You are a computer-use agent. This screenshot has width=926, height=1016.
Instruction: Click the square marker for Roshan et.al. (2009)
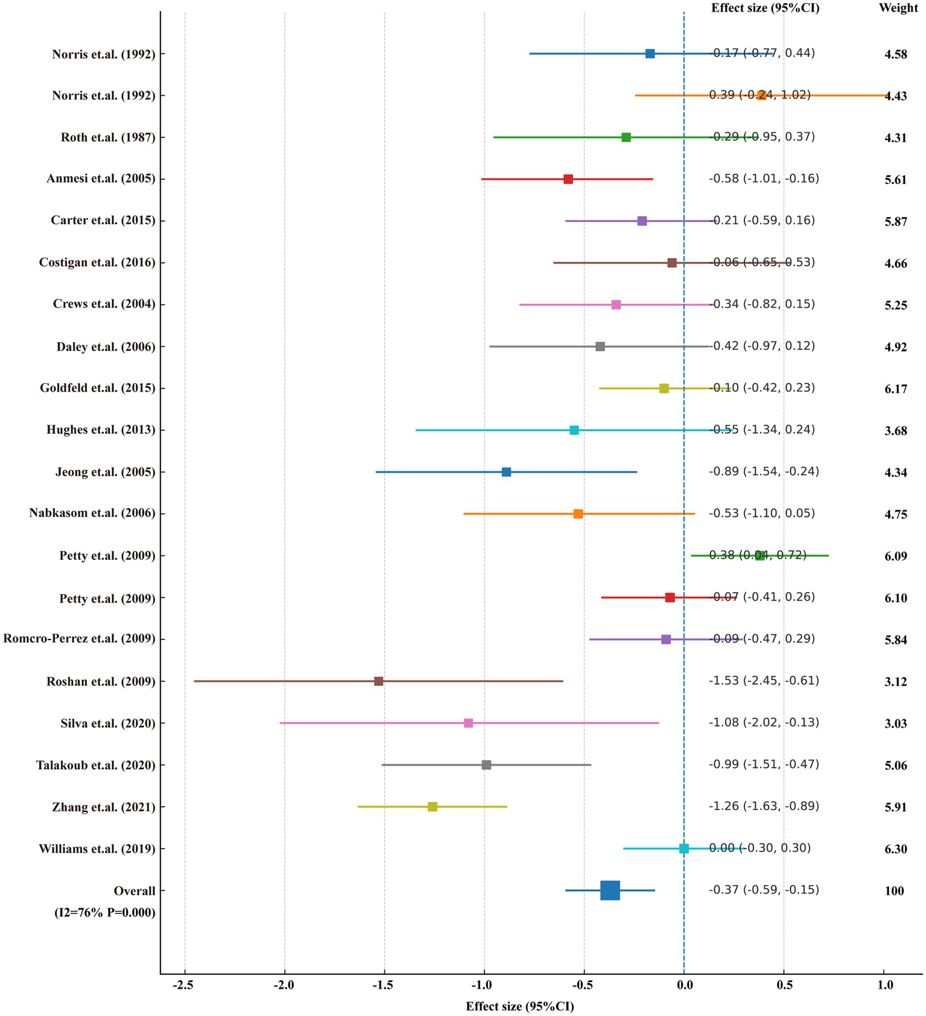pyautogui.click(x=378, y=681)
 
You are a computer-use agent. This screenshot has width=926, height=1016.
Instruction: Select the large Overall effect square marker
pyautogui.click(x=610, y=891)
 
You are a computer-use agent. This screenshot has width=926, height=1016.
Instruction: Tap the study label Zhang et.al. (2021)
pyautogui.click(x=103, y=807)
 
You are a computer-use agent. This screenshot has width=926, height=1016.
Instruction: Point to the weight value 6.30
pyautogui.click(x=895, y=849)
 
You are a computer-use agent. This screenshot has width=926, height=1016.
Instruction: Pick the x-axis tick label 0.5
pyautogui.click(x=784, y=985)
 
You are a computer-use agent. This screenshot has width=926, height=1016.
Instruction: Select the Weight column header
pyautogui.click(x=898, y=8)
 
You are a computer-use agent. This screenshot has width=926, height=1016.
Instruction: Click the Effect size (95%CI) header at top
pyautogui.click(x=765, y=8)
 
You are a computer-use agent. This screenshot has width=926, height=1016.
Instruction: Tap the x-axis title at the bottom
pyautogui.click(x=519, y=1006)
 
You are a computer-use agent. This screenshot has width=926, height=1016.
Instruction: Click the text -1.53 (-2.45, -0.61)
pyautogui.click(x=764, y=681)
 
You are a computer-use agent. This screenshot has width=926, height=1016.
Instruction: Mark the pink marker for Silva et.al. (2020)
pyautogui.click(x=468, y=723)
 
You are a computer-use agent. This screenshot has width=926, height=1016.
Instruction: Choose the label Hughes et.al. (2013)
pyautogui.click(x=101, y=430)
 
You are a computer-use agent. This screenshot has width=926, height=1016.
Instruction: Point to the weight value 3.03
pyautogui.click(x=895, y=724)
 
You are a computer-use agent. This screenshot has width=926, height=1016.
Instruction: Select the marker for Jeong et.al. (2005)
pyautogui.click(x=506, y=472)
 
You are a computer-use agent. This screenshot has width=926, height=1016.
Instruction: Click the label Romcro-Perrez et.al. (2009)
pyautogui.click(x=79, y=639)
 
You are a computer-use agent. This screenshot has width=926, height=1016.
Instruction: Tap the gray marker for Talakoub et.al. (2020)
pyautogui.click(x=486, y=765)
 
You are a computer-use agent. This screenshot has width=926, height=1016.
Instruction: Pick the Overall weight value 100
pyautogui.click(x=894, y=891)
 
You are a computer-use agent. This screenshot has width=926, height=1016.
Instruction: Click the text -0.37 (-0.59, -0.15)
pyautogui.click(x=764, y=891)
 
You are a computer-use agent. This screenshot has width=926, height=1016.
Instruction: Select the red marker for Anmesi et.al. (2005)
pyautogui.click(x=568, y=179)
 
